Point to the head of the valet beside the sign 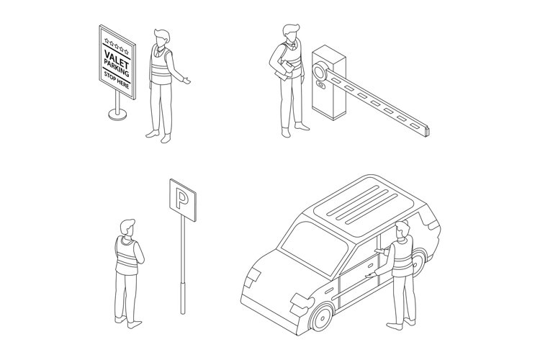coord(161,36)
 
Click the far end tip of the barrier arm coord(429,130)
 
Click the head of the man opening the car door coord(402,230)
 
